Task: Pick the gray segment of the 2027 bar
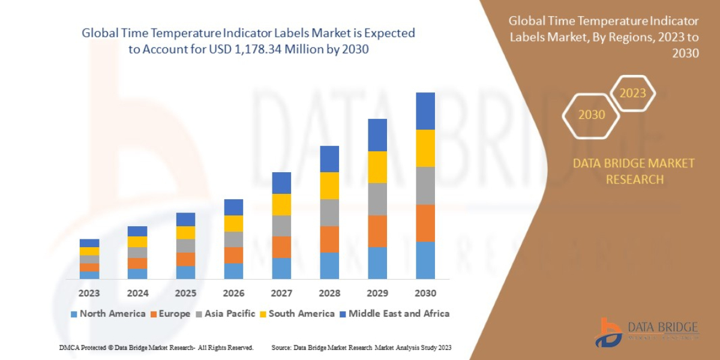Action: pos(281,226)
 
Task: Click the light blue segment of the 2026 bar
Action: pos(233,271)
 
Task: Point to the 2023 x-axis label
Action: pos(89,293)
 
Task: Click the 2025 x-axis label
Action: pos(185,293)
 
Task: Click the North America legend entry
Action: pos(108,313)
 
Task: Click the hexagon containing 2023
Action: pos(632,93)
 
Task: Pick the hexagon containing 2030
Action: pos(591,115)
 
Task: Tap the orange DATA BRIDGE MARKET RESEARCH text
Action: pos(634,171)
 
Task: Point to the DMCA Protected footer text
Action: pos(156,347)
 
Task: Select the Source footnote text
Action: pos(361,347)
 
